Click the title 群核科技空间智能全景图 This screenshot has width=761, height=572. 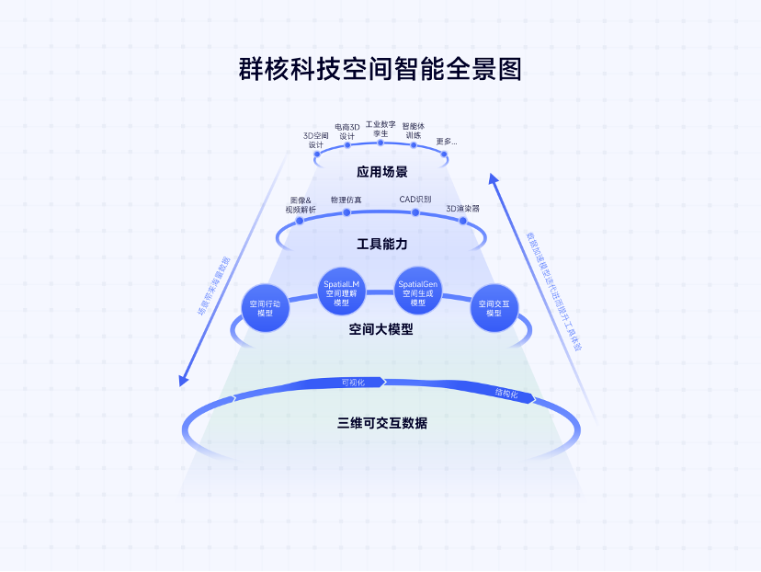[380, 70]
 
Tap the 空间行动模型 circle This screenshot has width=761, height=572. [266, 308]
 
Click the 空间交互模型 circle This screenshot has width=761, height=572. [494, 308]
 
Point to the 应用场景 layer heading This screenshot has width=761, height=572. [381, 172]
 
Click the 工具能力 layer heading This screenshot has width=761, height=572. [381, 244]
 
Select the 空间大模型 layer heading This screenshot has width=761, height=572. [380, 328]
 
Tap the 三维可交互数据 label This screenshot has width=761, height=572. [381, 424]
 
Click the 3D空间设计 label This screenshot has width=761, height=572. [316, 140]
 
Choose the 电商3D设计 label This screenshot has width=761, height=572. [347, 131]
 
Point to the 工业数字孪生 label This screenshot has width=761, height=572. [380, 128]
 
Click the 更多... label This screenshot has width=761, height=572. [447, 141]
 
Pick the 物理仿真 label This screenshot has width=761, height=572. [346, 199]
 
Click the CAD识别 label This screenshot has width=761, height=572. [415, 199]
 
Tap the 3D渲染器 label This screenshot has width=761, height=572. [462, 209]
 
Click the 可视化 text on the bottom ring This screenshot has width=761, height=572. [353, 382]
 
